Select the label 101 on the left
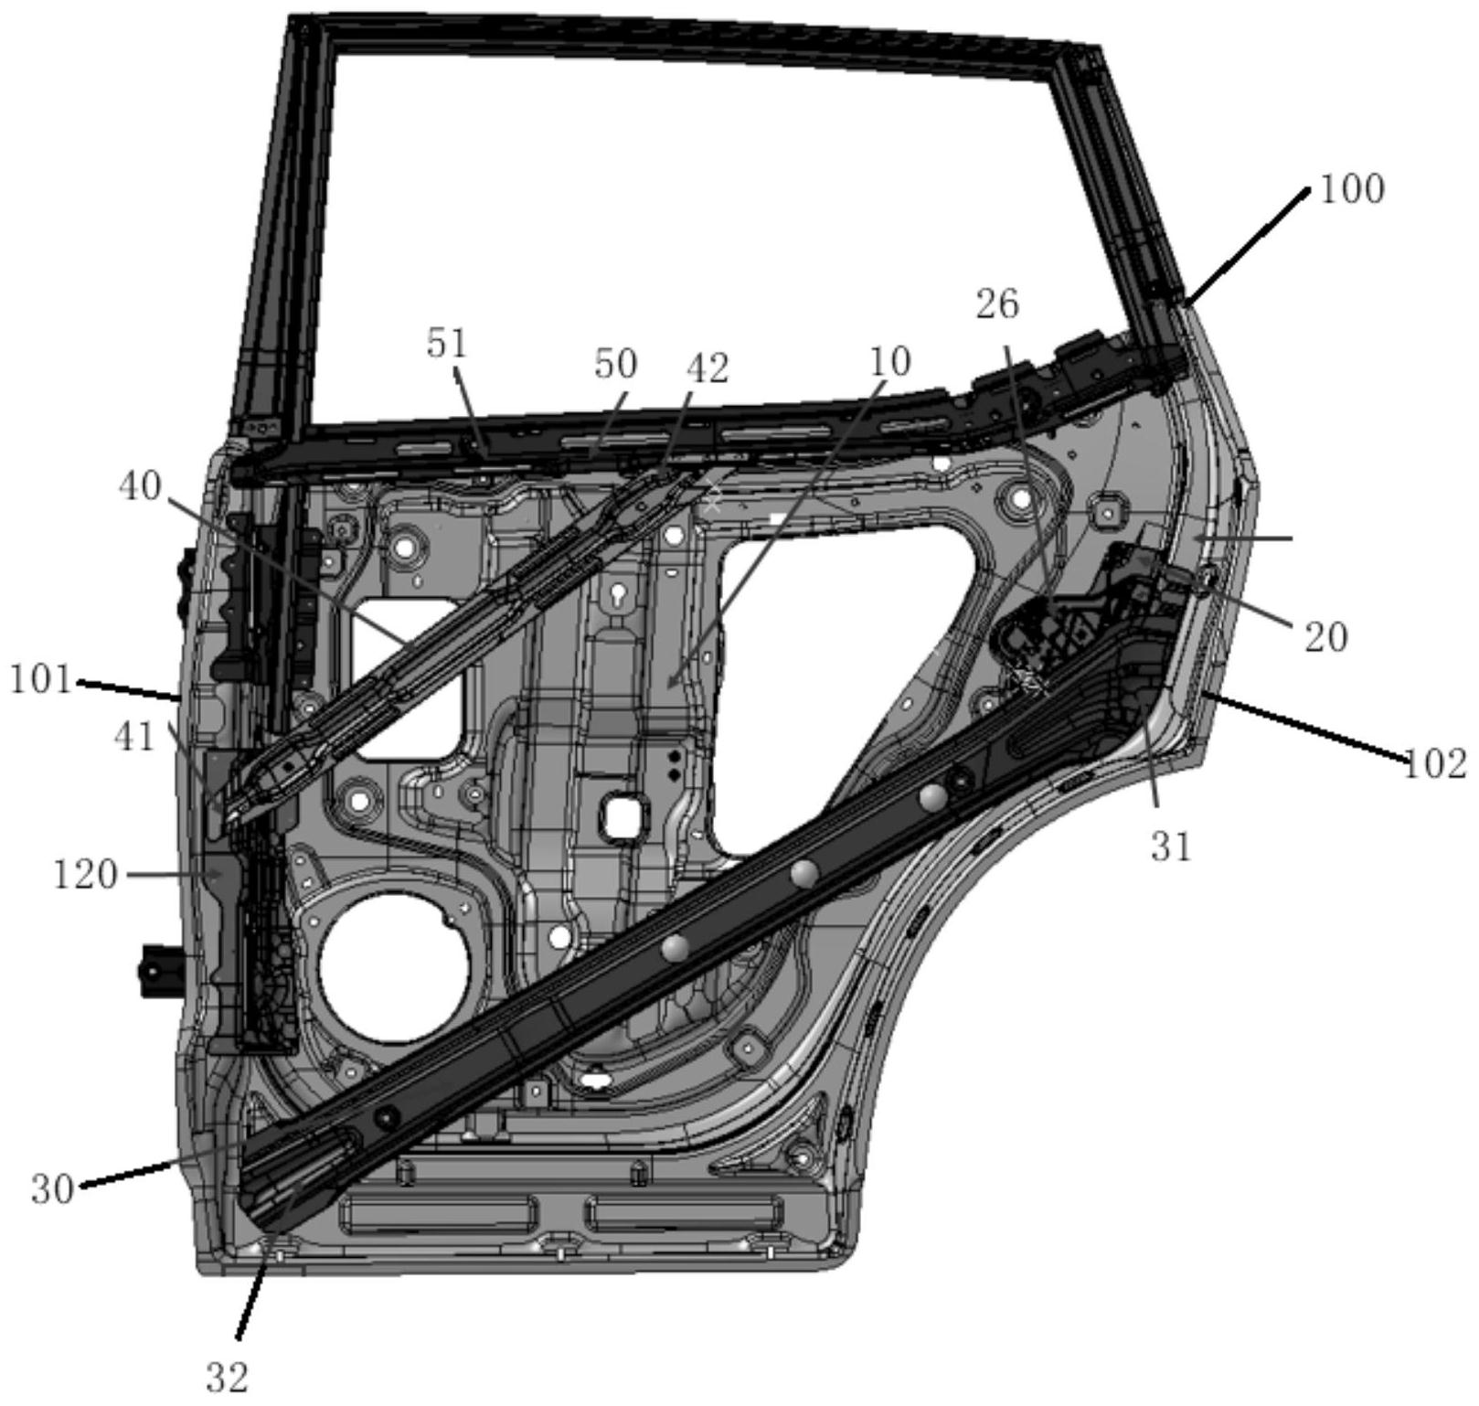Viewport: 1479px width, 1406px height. (41, 680)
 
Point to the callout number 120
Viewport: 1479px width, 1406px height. (85, 875)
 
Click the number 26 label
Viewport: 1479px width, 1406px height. (997, 304)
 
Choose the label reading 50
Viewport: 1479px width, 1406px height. (615, 364)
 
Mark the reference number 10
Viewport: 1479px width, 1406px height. (890, 362)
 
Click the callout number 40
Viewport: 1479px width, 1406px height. (140, 486)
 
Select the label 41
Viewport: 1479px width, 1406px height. (135, 736)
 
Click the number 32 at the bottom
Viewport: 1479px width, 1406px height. (227, 1378)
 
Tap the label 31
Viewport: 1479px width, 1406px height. (1171, 847)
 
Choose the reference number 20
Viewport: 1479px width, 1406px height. (1326, 636)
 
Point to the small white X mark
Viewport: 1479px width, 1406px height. (713, 500)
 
